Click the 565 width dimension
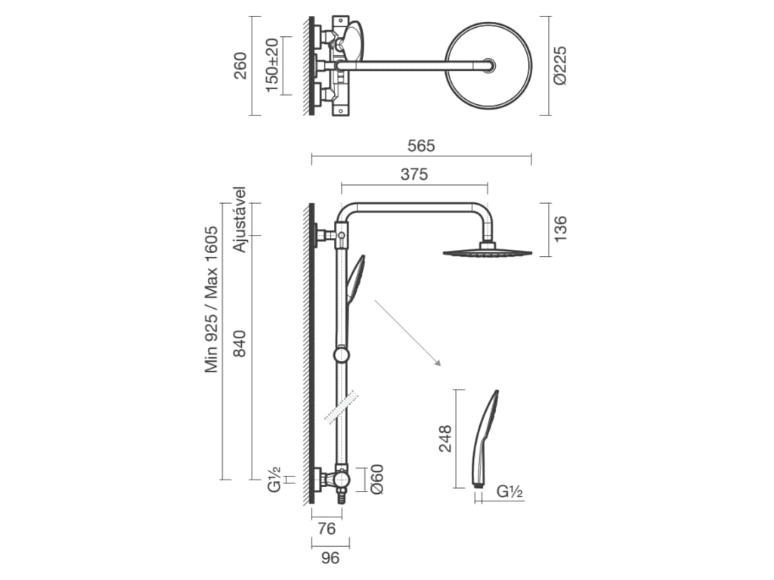421,146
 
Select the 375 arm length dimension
414,174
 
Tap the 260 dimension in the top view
240,66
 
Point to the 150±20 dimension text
272,65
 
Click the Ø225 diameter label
560,66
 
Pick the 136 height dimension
560,229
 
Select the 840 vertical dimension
240,344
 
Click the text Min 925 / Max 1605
212,299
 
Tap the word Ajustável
240,220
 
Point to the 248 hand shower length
445,439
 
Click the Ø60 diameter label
376,479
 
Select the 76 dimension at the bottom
327,529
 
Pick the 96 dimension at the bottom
330,558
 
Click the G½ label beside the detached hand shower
510,492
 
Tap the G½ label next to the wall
274,479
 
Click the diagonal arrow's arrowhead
438,363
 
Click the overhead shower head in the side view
488,252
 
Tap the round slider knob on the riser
342,355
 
